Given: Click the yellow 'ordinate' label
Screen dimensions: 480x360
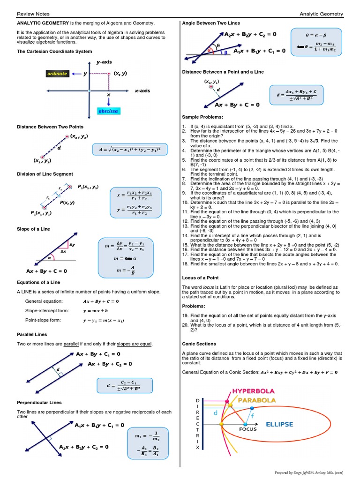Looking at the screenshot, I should click(57, 74).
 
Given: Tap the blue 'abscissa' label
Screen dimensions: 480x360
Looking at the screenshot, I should click(108, 111).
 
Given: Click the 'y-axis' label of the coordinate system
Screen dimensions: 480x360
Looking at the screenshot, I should click(104, 61).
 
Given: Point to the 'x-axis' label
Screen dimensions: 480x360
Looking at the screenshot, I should click(142, 90).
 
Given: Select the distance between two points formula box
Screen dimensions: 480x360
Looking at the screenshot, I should click(130, 150).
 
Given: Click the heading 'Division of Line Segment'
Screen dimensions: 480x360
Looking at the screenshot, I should click(45, 174).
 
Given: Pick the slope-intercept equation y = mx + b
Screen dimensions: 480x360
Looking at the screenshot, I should click(95, 310).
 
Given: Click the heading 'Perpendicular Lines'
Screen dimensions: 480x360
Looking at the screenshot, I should click(39, 402).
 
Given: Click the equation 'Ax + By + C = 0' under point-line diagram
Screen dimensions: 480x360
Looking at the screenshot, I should click(237, 105).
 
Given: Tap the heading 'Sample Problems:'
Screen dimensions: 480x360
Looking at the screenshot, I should click(202, 117).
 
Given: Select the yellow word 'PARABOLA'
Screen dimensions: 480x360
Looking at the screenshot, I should click(256, 400).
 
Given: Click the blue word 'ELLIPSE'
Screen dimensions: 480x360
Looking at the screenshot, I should click(279, 424).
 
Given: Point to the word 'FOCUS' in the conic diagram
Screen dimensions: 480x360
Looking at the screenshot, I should click(248, 429).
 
